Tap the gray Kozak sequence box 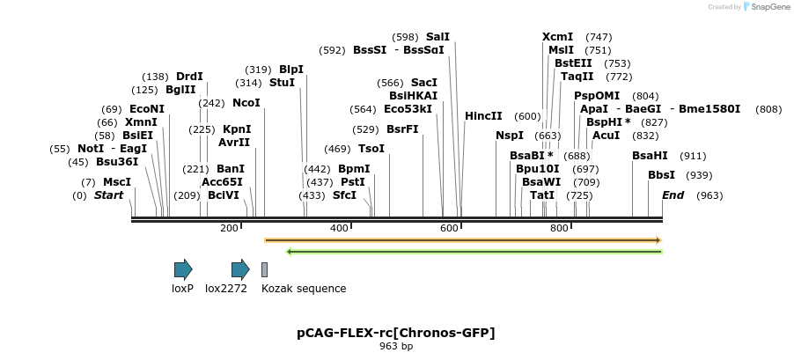point(264,270)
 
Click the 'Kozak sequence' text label point(304,289)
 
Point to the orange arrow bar point(463,239)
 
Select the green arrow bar point(474,253)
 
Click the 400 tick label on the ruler point(339,229)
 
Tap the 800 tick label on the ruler point(559,229)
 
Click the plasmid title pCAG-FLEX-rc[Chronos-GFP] point(396,333)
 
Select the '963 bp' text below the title point(396,347)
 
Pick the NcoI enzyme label point(246,103)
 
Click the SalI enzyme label point(437,37)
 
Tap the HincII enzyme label point(483,116)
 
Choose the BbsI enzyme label point(661,175)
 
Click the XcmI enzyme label point(557,37)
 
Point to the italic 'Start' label point(109,195)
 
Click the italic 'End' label point(673,195)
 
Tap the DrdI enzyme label point(189,77)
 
